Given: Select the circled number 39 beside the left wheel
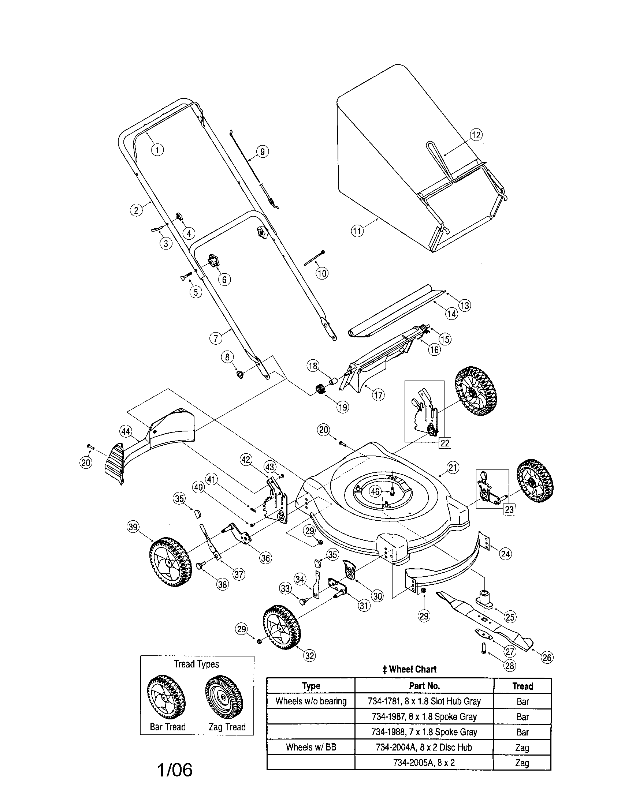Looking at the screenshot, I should (133, 527).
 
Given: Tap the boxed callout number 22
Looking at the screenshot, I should (445, 443).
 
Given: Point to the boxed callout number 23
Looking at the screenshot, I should (509, 509).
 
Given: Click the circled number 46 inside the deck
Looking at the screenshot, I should (375, 491).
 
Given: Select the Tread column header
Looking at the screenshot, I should (522, 686).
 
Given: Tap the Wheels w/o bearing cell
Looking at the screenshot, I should (310, 701).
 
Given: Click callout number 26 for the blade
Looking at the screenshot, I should (547, 657).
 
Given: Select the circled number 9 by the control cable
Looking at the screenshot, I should (262, 151).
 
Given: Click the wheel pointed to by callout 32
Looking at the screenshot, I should (282, 626).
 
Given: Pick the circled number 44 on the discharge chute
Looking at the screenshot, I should (126, 431).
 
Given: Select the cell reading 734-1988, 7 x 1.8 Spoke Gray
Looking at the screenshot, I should (424, 732).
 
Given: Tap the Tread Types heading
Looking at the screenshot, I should (196, 664).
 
